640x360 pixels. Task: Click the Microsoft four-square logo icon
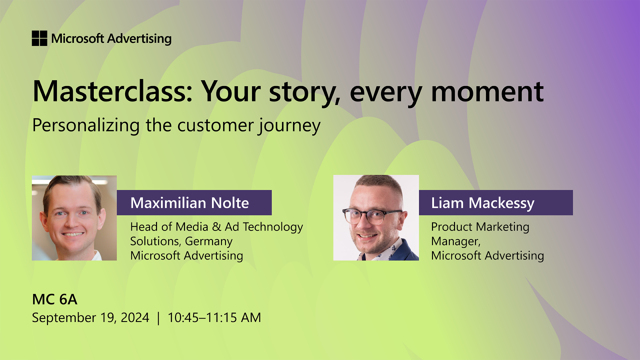(x=39, y=38)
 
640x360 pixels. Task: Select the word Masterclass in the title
(x=108, y=91)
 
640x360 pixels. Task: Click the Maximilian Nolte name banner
(x=194, y=203)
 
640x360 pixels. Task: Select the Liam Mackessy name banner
(x=495, y=203)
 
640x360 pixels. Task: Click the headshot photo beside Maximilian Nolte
(x=74, y=218)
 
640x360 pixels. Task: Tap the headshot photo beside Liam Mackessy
(x=376, y=218)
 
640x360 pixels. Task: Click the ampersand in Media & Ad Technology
(x=216, y=226)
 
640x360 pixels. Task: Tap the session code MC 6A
(x=54, y=299)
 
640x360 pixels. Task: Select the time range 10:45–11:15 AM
(x=214, y=317)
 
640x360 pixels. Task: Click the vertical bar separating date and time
(x=158, y=317)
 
